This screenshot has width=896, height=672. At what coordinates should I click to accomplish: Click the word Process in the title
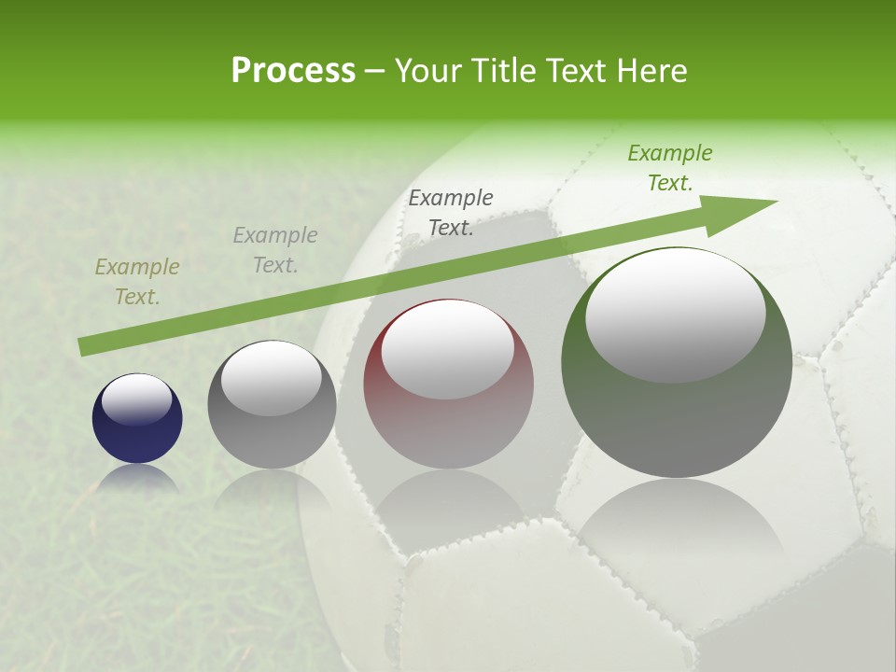click(293, 71)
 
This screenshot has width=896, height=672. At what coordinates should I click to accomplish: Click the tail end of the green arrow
click(82, 347)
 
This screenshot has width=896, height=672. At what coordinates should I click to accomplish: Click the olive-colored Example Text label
click(137, 282)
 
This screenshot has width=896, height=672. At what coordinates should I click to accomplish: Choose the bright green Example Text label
click(670, 168)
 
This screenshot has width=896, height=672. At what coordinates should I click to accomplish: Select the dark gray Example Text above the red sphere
click(451, 213)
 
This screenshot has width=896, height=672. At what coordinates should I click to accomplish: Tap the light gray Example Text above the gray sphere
click(275, 250)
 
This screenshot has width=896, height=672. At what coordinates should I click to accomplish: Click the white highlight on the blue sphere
click(137, 399)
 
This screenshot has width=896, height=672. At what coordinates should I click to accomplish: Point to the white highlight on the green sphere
click(676, 313)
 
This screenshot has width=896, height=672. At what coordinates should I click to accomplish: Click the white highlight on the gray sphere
click(272, 378)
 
